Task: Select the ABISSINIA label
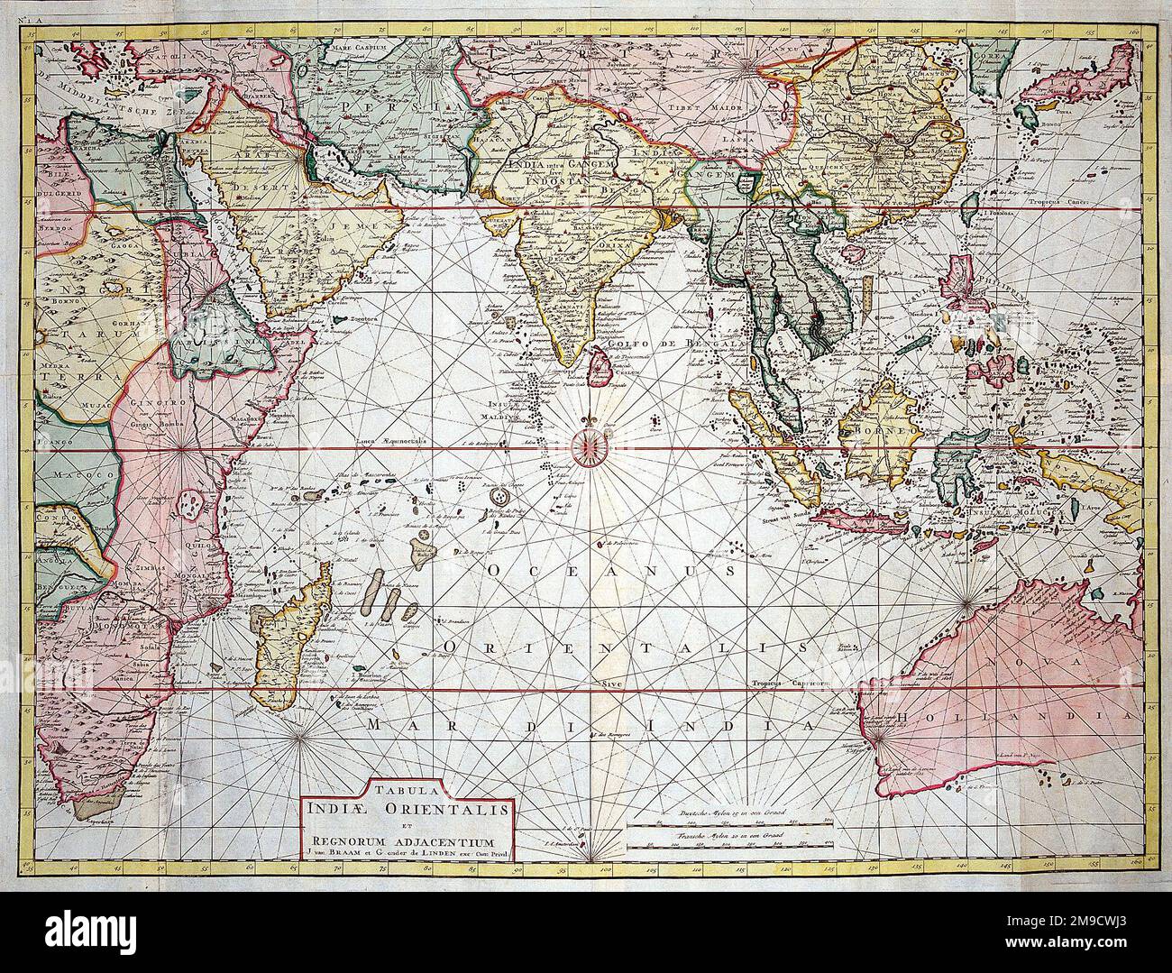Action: click(208, 342)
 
